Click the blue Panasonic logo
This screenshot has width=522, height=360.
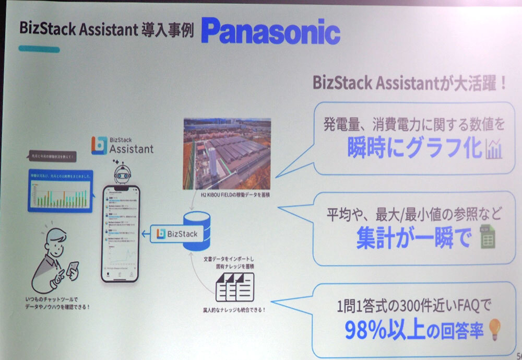[x=270, y=32]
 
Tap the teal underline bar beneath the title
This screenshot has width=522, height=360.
[x=39, y=49]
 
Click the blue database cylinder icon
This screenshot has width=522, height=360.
[x=197, y=231]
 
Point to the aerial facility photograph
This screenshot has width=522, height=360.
[x=227, y=153]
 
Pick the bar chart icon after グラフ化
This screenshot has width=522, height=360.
[x=493, y=149]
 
